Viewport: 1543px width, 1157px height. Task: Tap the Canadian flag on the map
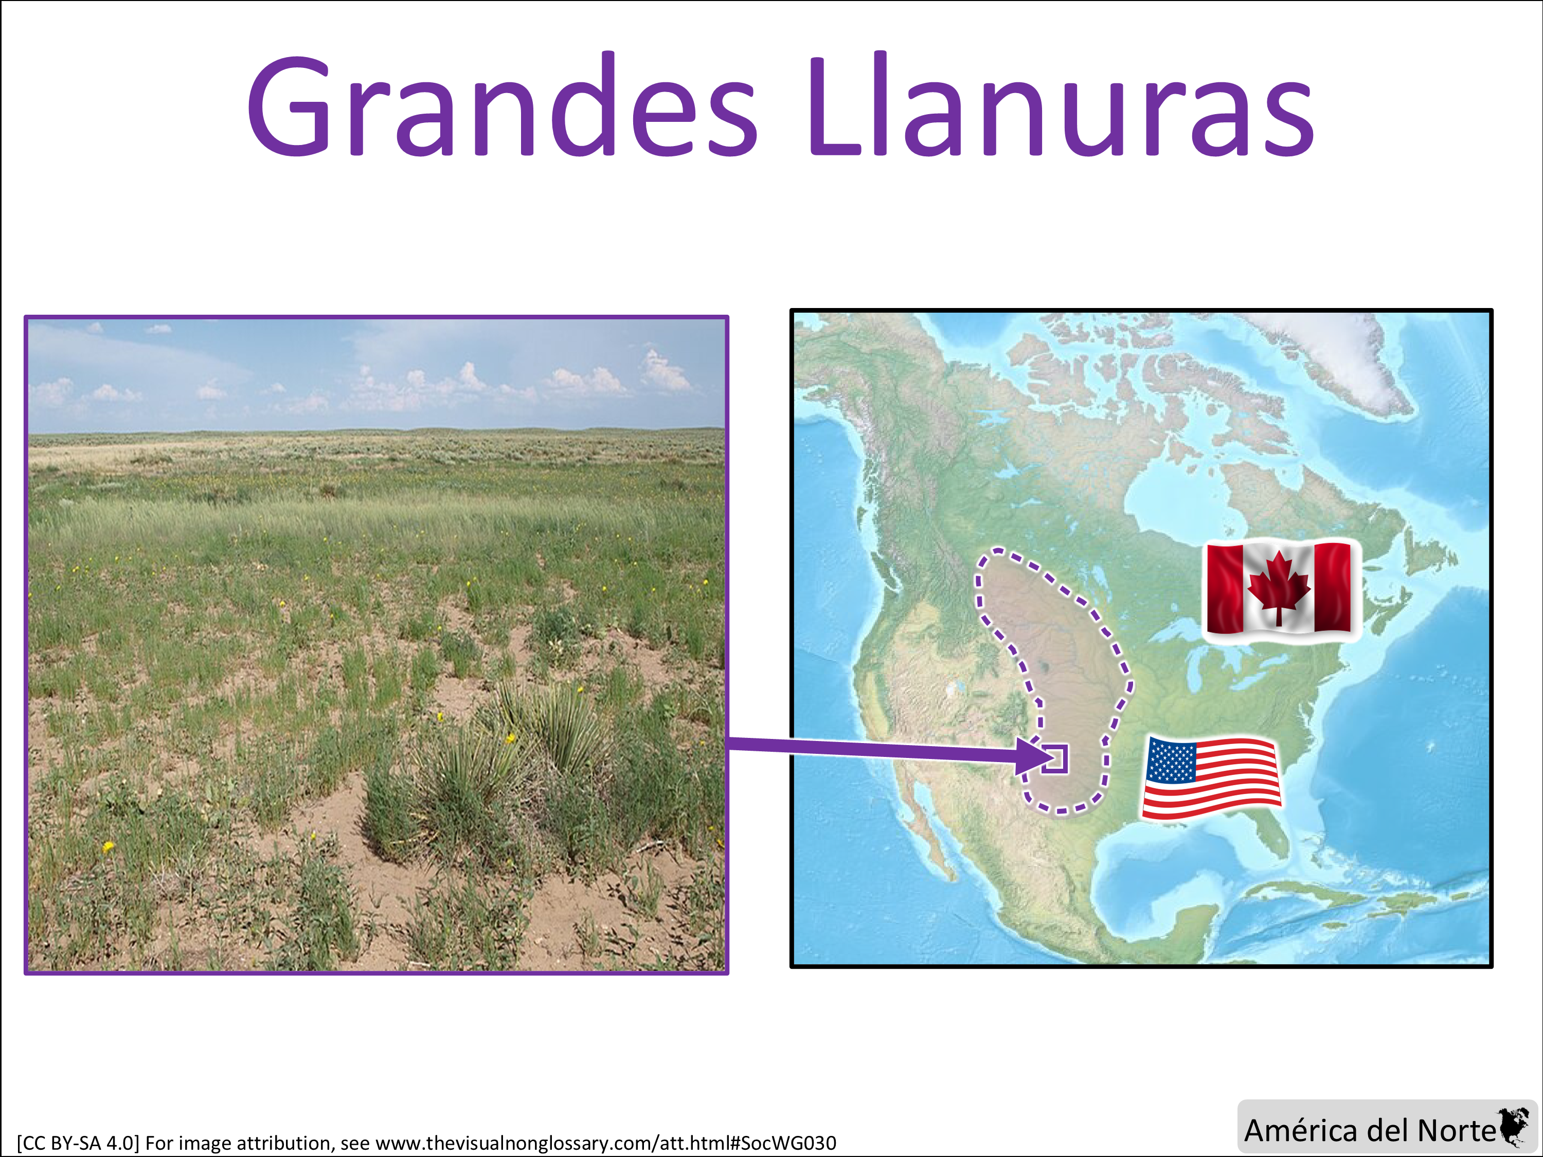click(x=1279, y=589)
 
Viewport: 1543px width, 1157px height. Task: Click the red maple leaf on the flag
click(x=1279, y=587)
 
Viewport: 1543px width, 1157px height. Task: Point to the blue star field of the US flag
click(x=1171, y=760)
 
